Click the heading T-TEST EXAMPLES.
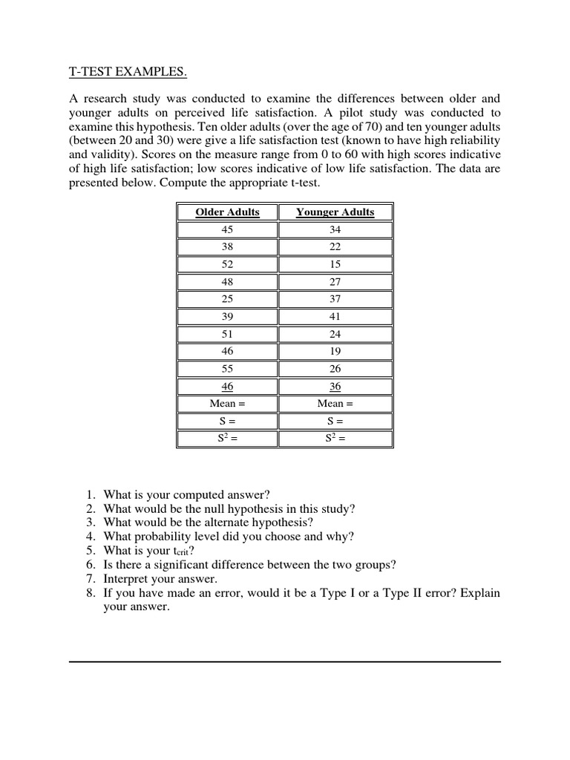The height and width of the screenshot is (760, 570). (128, 72)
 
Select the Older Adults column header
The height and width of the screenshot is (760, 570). (227, 212)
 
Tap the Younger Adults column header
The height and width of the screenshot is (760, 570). (335, 212)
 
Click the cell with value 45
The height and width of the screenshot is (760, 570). (227, 230)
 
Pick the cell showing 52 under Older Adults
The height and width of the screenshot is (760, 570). (227, 265)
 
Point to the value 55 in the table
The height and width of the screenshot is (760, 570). (227, 369)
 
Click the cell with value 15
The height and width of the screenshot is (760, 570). (335, 265)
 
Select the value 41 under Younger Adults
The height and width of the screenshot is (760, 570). (335, 317)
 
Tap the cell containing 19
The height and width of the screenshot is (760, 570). (335, 351)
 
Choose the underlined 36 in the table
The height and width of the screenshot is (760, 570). (335, 386)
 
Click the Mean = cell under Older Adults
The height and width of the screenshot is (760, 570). (227, 404)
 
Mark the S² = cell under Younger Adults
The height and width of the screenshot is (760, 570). (335, 439)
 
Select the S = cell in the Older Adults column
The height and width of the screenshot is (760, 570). (227, 421)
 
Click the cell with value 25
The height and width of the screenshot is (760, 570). (227, 299)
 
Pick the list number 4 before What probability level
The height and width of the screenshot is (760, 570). (89, 537)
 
